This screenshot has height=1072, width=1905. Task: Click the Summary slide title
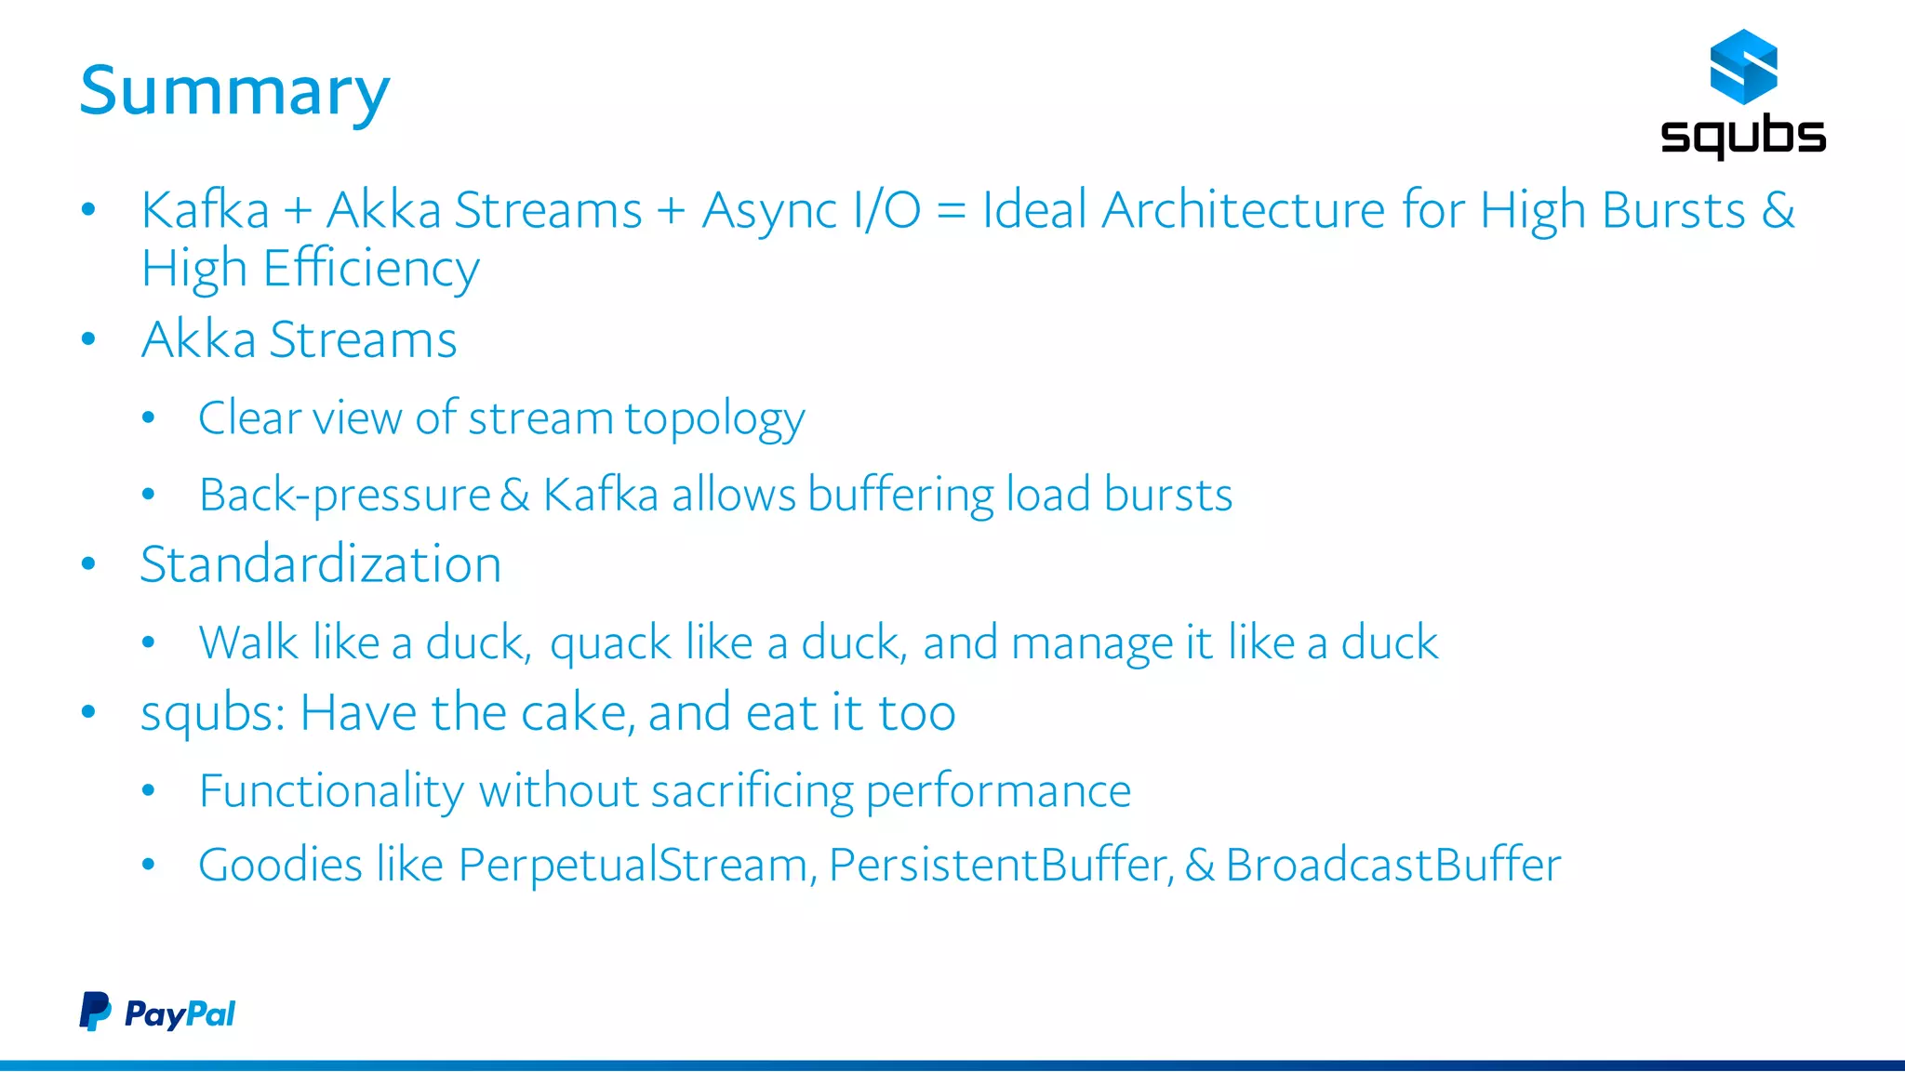pos(234,91)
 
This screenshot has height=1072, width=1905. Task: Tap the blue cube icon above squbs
pos(1743,66)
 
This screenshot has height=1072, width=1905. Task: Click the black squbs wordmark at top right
pos(1742,136)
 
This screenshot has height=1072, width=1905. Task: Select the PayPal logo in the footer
pos(157,1012)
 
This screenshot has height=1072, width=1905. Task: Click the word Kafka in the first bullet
pos(205,210)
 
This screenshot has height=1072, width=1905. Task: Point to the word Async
pos(769,210)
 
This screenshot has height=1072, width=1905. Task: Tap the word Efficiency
pos(370,270)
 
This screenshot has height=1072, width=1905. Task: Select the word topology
pos(713,419)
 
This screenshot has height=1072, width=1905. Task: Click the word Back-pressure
pos(344,496)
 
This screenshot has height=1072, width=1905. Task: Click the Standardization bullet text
pos(320,564)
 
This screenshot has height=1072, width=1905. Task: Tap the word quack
pos(610,644)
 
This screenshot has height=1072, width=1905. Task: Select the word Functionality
pos(331,792)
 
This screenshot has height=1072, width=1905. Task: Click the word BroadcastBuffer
pos(1392,866)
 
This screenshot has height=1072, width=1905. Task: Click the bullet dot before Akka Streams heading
pos(88,339)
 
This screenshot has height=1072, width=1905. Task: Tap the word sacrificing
pos(752,792)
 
